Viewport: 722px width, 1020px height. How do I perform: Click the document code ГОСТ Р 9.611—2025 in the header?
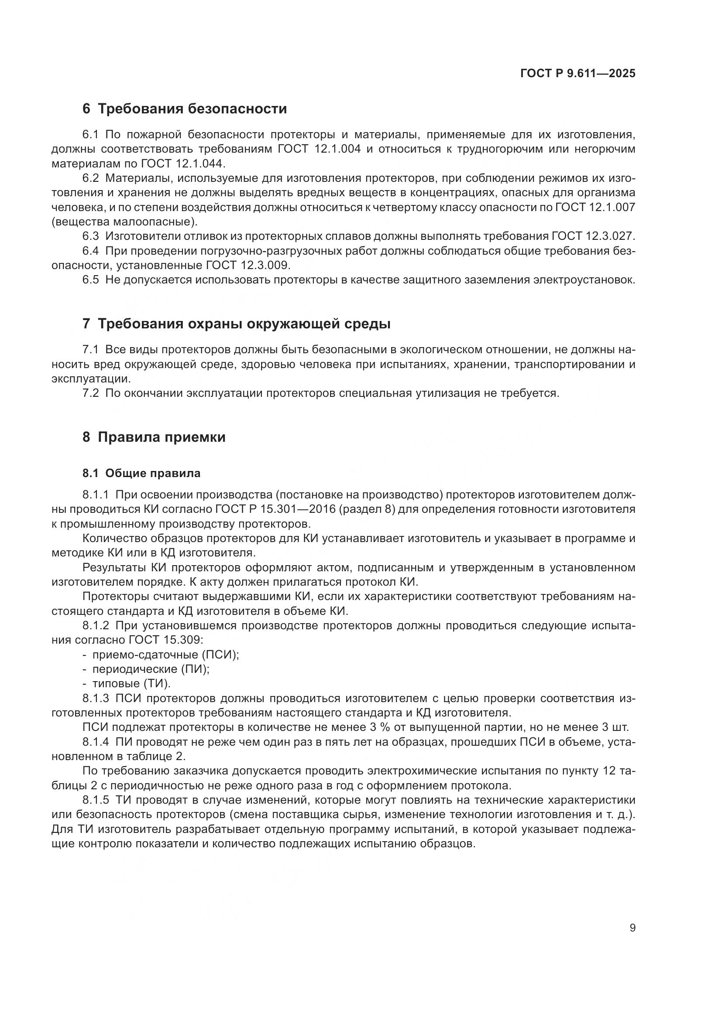578,73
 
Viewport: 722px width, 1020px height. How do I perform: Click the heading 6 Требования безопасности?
185,109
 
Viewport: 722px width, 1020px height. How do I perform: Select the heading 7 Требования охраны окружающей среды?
236,324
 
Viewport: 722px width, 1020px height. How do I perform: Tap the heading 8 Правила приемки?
154,437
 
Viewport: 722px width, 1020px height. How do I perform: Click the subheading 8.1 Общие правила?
141,474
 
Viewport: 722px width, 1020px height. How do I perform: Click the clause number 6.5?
91,280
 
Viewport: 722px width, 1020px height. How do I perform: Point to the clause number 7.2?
91,393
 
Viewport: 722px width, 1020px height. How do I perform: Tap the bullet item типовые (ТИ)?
131,684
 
